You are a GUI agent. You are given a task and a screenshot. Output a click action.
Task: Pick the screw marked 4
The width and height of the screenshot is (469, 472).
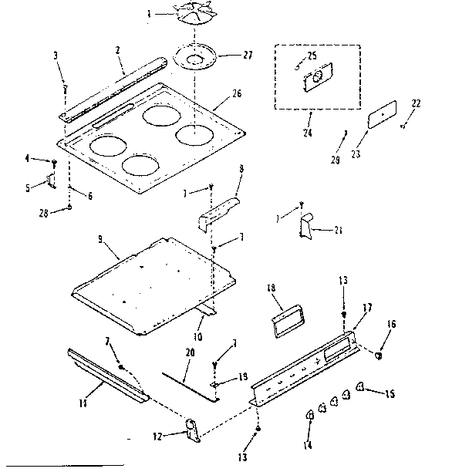click(54, 164)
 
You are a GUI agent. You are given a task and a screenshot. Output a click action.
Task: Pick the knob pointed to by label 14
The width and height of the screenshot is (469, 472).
click(309, 416)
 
